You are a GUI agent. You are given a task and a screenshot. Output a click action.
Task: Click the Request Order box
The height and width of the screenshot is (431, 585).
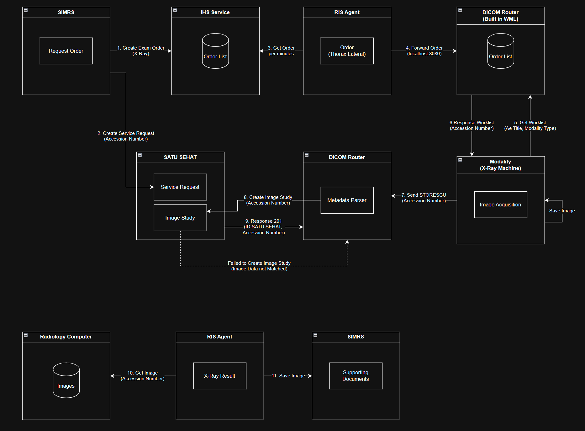(66, 51)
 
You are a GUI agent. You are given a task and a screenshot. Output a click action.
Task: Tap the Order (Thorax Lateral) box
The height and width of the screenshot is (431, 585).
(347, 51)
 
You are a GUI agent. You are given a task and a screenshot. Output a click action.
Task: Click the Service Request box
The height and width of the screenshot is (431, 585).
(180, 187)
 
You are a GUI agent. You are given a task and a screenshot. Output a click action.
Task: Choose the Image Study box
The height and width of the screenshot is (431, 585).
(180, 218)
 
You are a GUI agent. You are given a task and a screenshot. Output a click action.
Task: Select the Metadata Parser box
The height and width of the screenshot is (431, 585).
(347, 200)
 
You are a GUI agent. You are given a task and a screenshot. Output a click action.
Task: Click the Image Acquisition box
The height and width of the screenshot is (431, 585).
(501, 205)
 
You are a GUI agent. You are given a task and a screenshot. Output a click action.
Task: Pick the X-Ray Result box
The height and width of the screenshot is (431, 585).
(220, 376)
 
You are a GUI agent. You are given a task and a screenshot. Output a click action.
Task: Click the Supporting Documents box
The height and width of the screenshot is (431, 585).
(356, 376)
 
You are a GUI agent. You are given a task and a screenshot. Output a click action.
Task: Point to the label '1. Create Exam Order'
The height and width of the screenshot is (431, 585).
(141, 48)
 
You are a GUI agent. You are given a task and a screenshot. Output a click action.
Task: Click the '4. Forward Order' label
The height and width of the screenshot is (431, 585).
(424, 48)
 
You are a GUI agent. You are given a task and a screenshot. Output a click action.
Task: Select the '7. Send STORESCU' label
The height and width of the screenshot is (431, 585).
(424, 195)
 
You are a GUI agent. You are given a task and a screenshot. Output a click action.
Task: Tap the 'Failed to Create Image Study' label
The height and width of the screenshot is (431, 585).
(259, 263)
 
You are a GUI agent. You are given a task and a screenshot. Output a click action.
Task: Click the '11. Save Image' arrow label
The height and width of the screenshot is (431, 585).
(288, 376)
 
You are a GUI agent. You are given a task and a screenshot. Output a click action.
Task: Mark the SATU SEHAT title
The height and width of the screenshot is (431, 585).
(180, 157)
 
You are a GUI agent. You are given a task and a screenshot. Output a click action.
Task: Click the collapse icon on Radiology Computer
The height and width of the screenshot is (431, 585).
(26, 335)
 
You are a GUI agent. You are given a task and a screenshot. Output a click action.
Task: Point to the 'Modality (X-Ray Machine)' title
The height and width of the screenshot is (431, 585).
(501, 165)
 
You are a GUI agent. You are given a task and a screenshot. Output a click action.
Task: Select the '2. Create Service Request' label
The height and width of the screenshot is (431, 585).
(126, 133)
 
